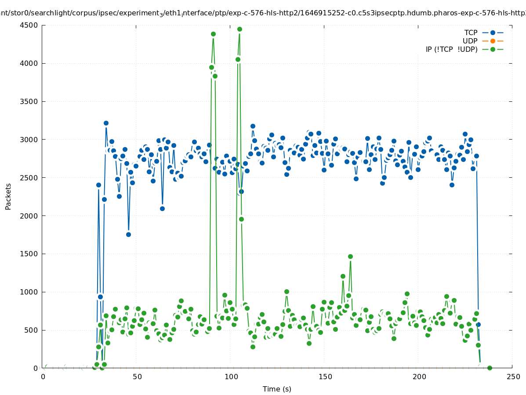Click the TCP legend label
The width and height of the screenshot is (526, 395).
pos(471,32)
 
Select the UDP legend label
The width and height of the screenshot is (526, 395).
pos(470,41)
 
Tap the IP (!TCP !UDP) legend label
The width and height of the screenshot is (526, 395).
pos(451,49)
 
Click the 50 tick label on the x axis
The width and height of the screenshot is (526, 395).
pos(137,377)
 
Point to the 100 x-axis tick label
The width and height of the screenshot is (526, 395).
pos(231,377)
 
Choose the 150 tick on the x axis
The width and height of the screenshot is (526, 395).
pos(325,377)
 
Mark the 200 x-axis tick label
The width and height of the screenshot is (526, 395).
pos(419,377)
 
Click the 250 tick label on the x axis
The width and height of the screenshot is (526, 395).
pos(513,377)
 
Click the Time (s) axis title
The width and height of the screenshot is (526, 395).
pos(277,389)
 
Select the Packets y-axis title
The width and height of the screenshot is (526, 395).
pos(8,196)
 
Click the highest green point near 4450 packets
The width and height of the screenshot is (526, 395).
pos(239,29)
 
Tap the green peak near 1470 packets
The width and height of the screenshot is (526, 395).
pos(350,256)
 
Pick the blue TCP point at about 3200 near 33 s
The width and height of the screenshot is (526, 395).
pos(106,123)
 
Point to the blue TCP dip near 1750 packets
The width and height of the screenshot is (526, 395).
pos(128,234)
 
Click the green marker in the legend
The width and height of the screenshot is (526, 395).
pos(493,49)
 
